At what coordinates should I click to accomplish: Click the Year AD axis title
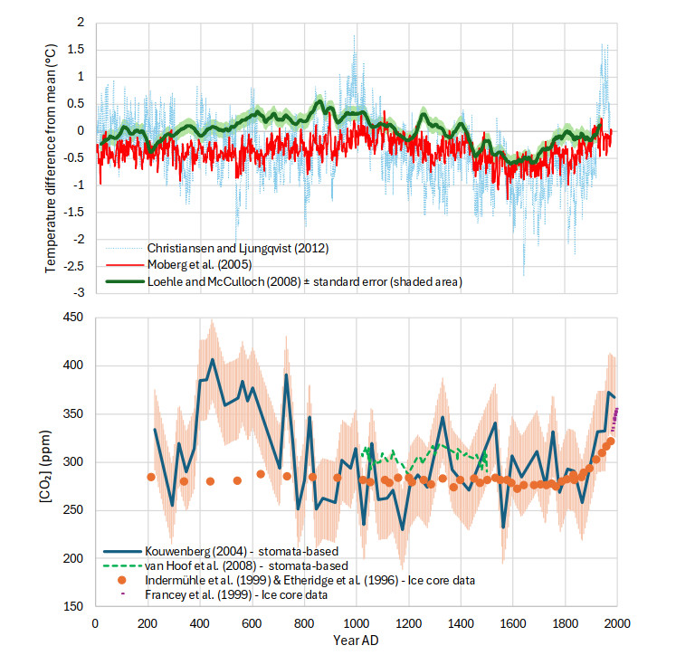356,641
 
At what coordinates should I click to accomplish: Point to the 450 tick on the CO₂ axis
72,318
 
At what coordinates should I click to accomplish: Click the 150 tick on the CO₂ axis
72,607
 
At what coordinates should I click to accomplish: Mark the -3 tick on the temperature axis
80,293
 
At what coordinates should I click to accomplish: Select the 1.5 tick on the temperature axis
76,49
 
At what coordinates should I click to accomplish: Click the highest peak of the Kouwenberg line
213,359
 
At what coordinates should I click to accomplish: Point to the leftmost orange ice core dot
151,477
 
